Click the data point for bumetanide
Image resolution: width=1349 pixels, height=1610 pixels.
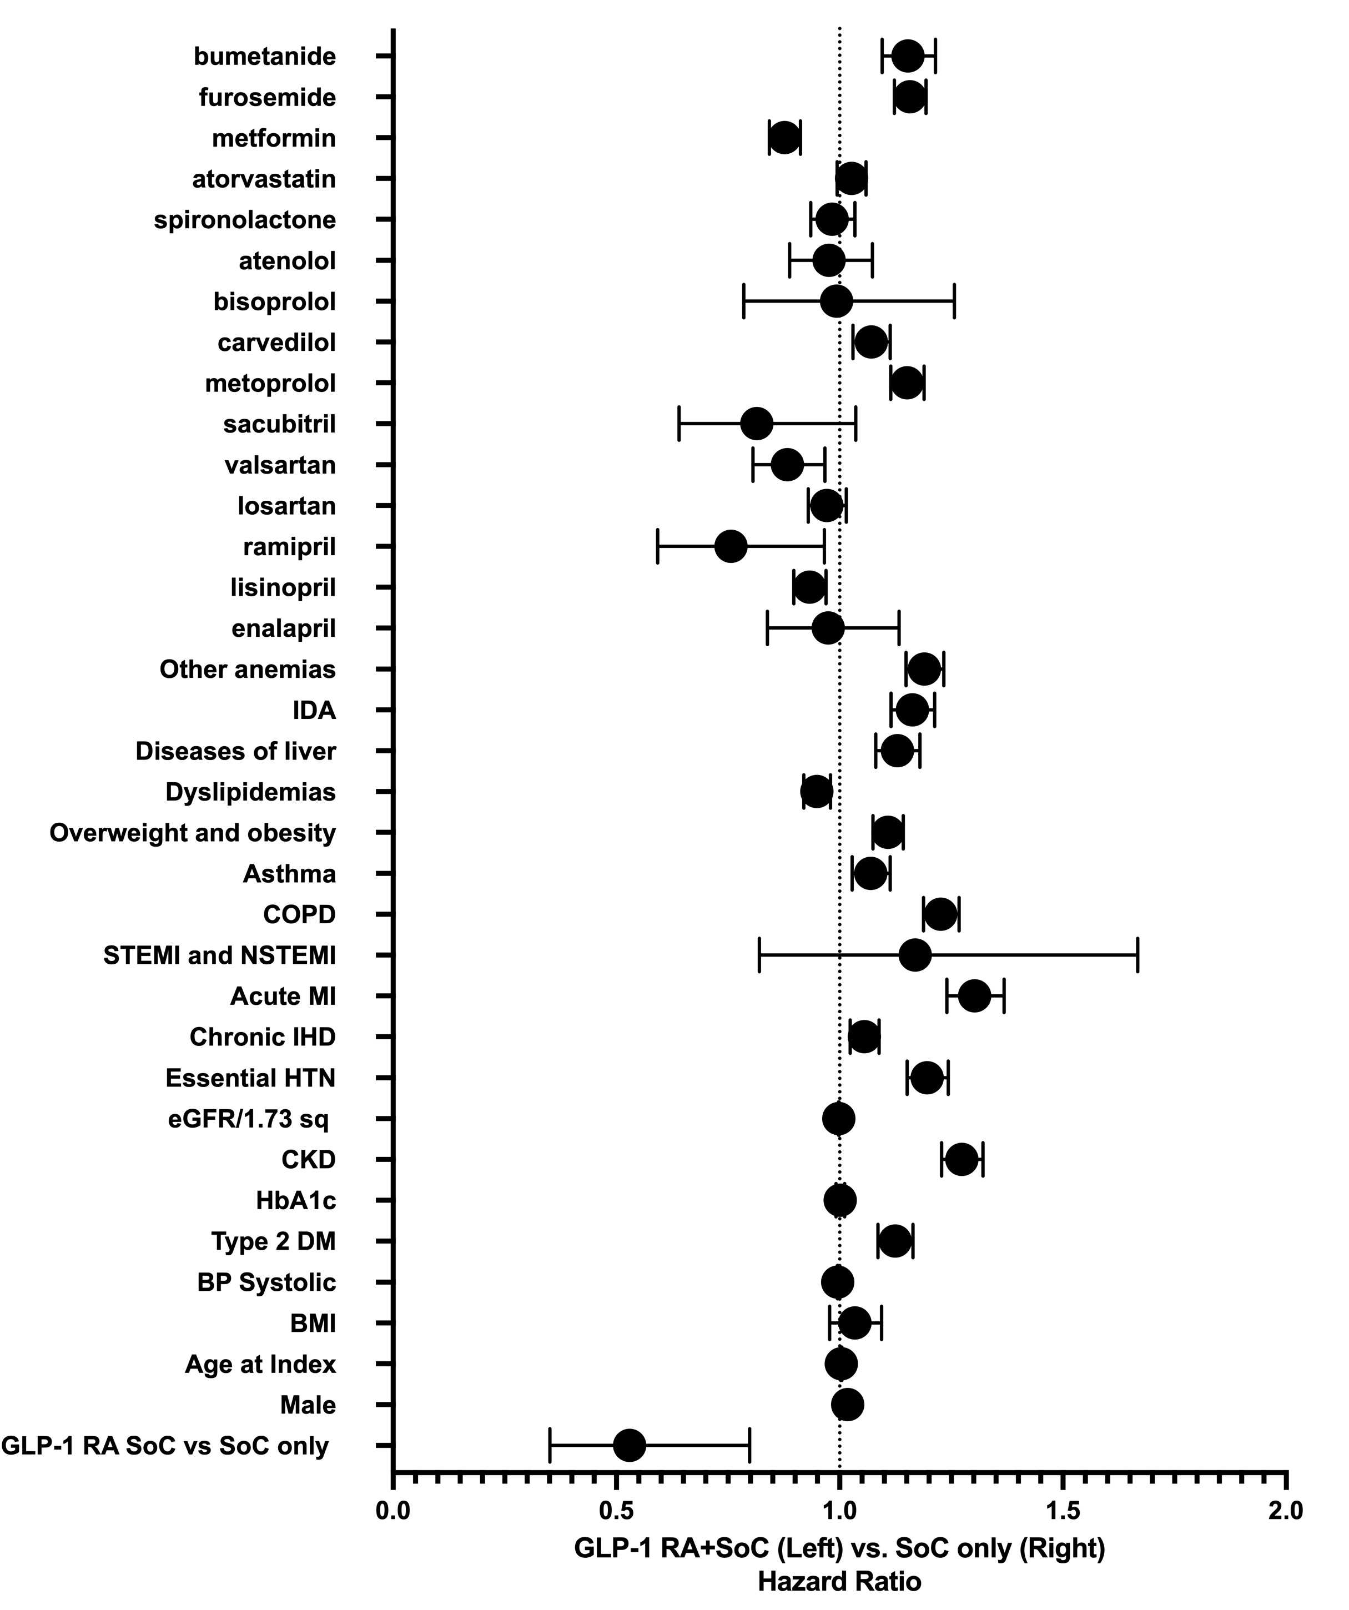click(x=908, y=56)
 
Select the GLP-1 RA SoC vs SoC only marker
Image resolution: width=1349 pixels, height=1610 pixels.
click(x=630, y=1445)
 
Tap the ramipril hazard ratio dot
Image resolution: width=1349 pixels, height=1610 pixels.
click(x=731, y=547)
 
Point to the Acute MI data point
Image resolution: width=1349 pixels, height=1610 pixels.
click(x=974, y=996)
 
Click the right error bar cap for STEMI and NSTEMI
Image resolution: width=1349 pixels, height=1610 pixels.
click(x=1137, y=955)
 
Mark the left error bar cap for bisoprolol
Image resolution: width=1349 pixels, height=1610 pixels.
click(x=743, y=301)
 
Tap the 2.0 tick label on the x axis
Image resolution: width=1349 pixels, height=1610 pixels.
click(x=1285, y=1510)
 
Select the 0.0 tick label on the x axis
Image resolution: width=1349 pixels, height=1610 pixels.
click(x=393, y=1510)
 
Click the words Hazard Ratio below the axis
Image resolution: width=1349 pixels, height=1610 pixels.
click(x=839, y=1581)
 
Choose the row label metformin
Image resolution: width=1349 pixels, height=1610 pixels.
click(x=274, y=138)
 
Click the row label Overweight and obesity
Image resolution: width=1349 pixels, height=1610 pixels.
click(x=193, y=833)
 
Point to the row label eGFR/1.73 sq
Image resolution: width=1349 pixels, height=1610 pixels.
click(x=249, y=1119)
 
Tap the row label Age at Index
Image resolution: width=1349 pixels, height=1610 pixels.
click(x=260, y=1364)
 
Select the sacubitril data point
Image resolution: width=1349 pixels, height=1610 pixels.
click(x=757, y=424)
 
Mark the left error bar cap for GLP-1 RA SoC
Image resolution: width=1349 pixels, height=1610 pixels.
click(x=550, y=1445)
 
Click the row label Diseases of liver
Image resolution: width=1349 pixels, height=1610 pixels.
click(x=235, y=751)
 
